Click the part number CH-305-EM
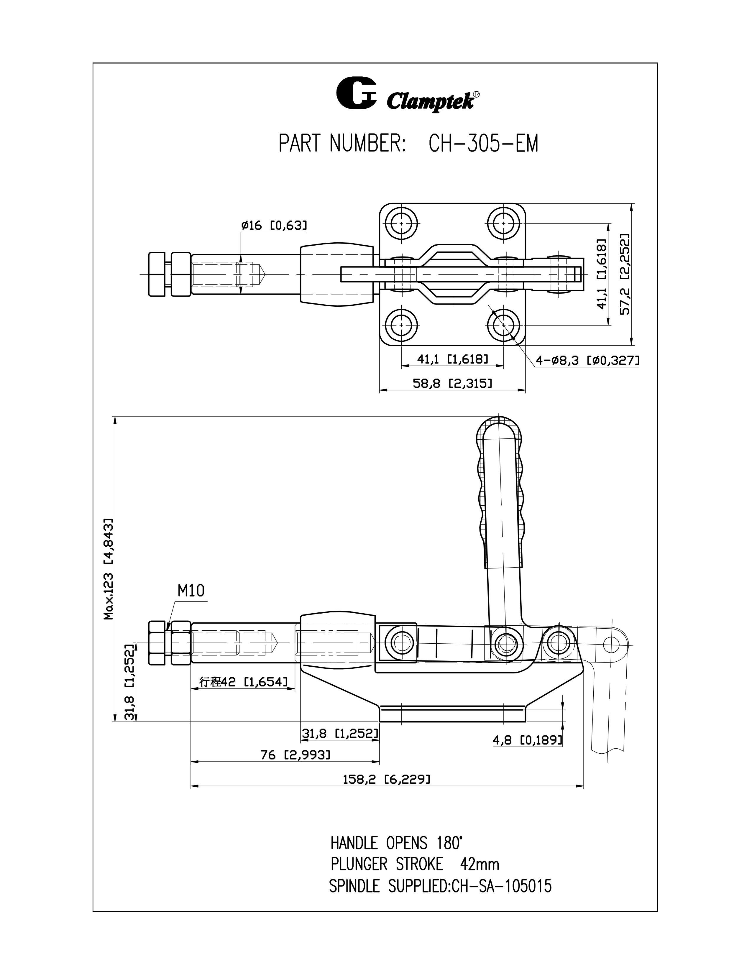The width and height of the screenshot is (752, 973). tap(483, 144)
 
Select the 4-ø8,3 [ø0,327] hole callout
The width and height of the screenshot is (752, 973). tap(587, 360)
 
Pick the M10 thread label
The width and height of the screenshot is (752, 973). tap(191, 591)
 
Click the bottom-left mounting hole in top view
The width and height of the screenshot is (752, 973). tap(401, 325)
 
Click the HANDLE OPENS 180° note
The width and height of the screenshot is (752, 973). tap(396, 843)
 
